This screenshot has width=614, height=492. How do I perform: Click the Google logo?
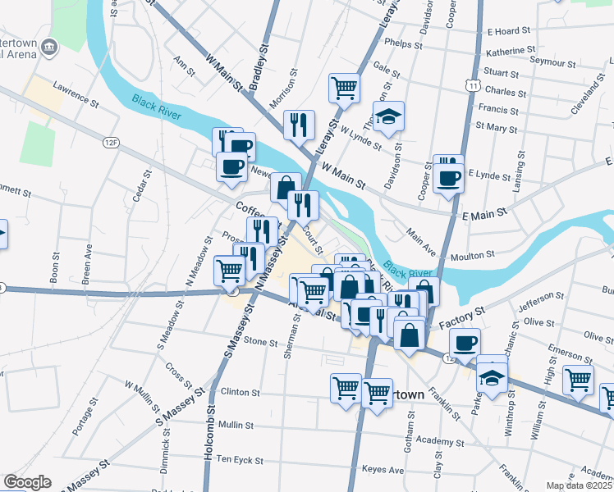[x=26, y=482]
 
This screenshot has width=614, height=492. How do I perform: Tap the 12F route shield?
[x=112, y=143]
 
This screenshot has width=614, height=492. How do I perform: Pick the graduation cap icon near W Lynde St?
[x=389, y=116]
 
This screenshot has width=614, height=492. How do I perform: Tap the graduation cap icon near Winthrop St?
[x=492, y=379]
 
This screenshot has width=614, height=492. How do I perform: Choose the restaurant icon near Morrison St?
[x=299, y=125]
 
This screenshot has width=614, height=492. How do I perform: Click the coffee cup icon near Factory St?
[x=465, y=343]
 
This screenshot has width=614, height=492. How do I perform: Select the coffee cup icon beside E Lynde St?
[x=448, y=179]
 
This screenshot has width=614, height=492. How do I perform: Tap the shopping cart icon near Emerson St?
[x=579, y=380]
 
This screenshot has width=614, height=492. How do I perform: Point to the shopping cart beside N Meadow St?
[x=229, y=271]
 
